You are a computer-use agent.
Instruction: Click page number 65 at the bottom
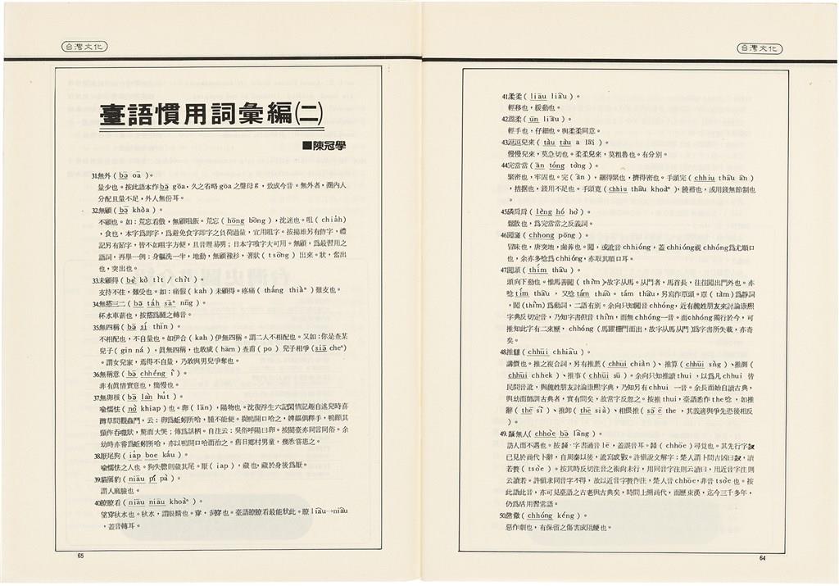(x=79, y=556)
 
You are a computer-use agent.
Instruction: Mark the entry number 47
(x=506, y=269)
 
